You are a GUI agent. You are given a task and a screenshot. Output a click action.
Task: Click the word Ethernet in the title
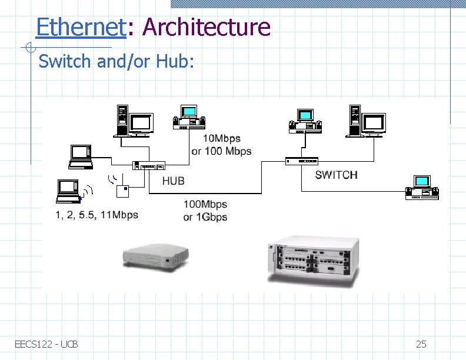click(81, 27)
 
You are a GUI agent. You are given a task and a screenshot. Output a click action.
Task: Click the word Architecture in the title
click(206, 27)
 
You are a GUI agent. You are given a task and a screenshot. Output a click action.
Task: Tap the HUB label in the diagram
click(173, 181)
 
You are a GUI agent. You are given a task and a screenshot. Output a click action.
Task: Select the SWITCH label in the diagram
click(336, 175)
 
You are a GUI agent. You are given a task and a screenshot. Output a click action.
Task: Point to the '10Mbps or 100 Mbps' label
click(222, 145)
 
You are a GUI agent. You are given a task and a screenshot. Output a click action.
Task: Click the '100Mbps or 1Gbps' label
click(205, 211)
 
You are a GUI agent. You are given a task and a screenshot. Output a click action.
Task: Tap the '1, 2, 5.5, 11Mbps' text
click(97, 215)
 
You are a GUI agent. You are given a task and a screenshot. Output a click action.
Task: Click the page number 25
click(421, 344)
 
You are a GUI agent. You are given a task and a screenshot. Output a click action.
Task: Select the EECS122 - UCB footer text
click(46, 344)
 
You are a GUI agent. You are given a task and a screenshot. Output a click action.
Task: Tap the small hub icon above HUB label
click(149, 165)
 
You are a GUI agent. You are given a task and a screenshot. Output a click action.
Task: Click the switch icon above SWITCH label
click(301, 161)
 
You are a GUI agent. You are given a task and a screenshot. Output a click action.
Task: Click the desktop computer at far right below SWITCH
click(422, 187)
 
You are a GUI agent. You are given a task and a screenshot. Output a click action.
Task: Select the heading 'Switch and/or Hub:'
click(115, 61)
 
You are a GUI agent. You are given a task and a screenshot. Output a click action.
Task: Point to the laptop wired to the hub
click(80, 154)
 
